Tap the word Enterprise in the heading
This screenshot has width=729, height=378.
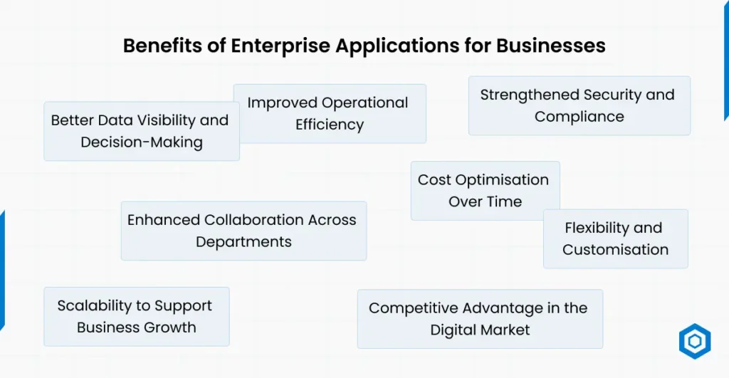(x=276, y=46)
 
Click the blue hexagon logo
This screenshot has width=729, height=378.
(x=694, y=342)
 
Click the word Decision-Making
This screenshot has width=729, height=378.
(x=142, y=142)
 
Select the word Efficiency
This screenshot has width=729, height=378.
(x=330, y=125)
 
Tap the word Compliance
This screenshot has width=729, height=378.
(x=579, y=117)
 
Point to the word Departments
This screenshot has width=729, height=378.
(x=243, y=242)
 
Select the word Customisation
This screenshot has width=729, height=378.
(x=616, y=250)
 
